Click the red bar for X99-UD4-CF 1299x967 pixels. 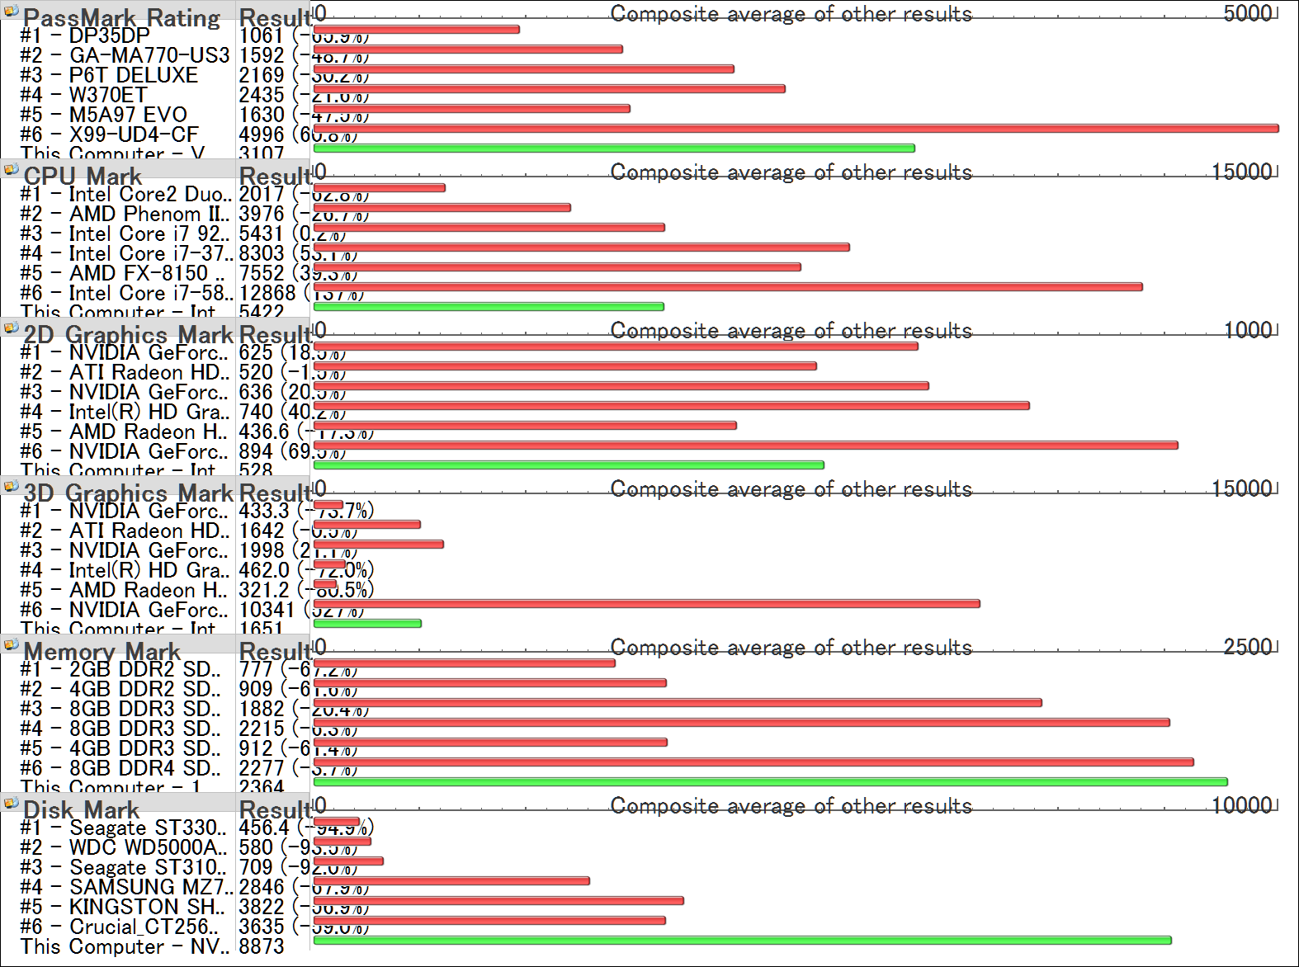pos(796,129)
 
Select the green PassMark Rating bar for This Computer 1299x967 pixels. pos(614,149)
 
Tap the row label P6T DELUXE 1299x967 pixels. pos(133,75)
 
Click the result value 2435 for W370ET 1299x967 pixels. pos(261,95)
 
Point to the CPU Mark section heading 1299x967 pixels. pos(83,176)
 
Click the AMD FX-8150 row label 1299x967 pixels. pos(146,273)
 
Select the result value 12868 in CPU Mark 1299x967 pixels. pos(267,293)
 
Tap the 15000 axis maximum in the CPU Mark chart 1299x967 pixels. pos(1241,171)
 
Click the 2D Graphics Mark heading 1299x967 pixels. pos(128,334)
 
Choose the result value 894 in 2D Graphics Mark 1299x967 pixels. pos(256,451)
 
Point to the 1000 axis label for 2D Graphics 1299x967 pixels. pos(1247,329)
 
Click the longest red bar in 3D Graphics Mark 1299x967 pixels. pos(646,604)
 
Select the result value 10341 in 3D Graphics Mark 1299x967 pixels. pos(267,610)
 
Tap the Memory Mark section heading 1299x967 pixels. pos(102,651)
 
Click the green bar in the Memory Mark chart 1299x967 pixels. pos(770,782)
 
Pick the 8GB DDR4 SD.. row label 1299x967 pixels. pos(144,768)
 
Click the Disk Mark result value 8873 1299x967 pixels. pos(261,946)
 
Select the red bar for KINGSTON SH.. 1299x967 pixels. pos(498,901)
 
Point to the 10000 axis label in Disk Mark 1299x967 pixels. pos(1241,804)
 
